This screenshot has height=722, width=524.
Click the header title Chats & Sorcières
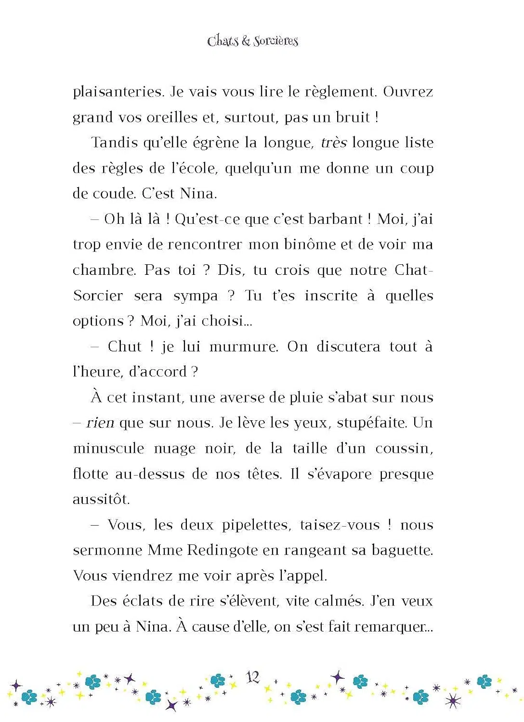click(x=252, y=41)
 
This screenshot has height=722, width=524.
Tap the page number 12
click(x=253, y=677)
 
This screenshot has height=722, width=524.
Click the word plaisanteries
click(x=118, y=91)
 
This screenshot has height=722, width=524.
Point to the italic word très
click(x=333, y=142)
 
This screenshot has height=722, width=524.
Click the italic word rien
click(x=100, y=423)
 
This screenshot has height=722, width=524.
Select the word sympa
click(x=196, y=296)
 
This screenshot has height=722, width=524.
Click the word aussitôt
click(x=101, y=499)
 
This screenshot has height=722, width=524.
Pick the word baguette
click(x=402, y=550)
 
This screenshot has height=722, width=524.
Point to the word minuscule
click(x=108, y=449)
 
